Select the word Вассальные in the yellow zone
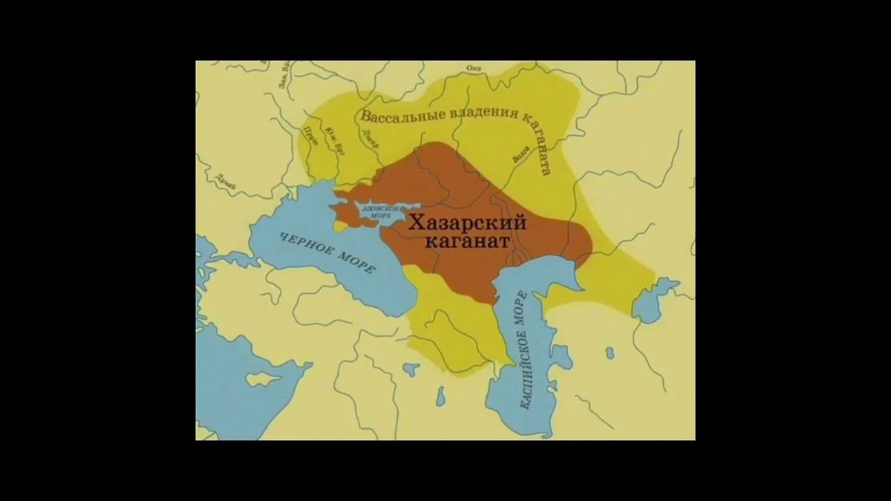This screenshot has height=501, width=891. pyautogui.click(x=400, y=117)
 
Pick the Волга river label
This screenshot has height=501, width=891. pyautogui.click(x=520, y=153)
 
